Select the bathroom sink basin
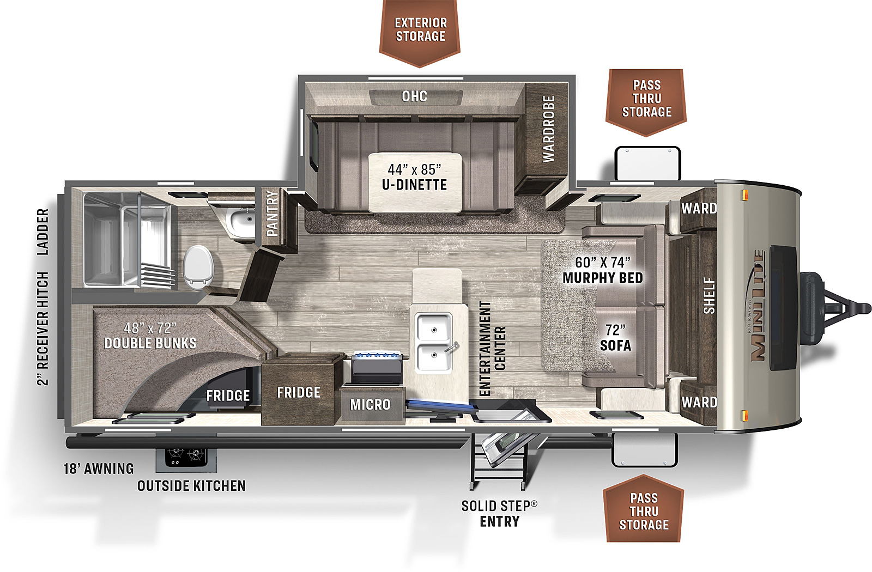pyautogui.click(x=241, y=222)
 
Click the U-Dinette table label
pyautogui.click(x=415, y=177)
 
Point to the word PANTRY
pyautogui.click(x=272, y=213)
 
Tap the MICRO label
pyautogui.click(x=370, y=405)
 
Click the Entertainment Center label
pyautogui.click(x=492, y=348)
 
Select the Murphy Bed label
pyautogui.click(x=603, y=270)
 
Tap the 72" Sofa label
pyautogui.click(x=615, y=338)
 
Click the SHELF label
pyautogui.click(x=709, y=296)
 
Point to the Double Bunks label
pyautogui.click(x=150, y=336)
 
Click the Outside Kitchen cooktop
pyautogui.click(x=186, y=457)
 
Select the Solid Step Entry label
pyautogui.click(x=499, y=514)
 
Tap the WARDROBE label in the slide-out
pyautogui.click(x=548, y=129)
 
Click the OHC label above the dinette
pyautogui.click(x=414, y=96)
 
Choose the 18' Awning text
pyautogui.click(x=99, y=468)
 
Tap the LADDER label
pyautogui.click(x=43, y=232)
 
